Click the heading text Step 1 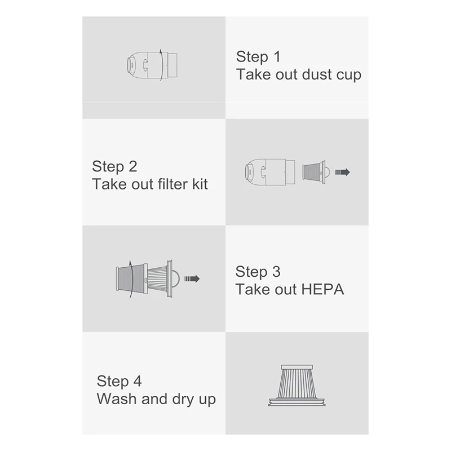click(258, 56)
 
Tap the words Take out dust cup click(298, 74)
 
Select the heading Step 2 click(114, 167)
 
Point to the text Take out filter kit click(149, 184)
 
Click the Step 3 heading click(258, 272)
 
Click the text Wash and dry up click(156, 399)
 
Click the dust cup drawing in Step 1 click(149, 64)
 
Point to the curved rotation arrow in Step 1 click(161, 64)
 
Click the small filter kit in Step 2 click(315, 171)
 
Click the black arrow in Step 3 click(192, 278)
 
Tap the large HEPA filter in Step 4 click(297, 382)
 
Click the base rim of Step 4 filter click(297, 403)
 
